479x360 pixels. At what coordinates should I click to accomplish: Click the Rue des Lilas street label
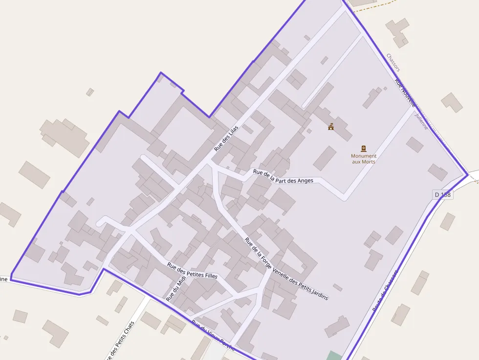(x=227, y=137)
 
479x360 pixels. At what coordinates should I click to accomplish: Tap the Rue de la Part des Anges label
(x=283, y=176)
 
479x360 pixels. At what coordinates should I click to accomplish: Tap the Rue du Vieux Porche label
(x=213, y=336)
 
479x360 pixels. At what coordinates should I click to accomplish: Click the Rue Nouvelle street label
(x=405, y=93)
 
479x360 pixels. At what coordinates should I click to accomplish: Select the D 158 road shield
(x=443, y=195)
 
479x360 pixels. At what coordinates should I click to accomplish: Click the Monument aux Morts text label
(x=364, y=159)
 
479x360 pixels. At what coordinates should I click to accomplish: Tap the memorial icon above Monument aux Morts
(x=364, y=148)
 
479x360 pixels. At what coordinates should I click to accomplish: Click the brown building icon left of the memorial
(x=331, y=127)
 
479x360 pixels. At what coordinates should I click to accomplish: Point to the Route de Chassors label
(x=386, y=289)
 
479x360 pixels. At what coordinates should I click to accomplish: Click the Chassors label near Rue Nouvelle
(x=393, y=63)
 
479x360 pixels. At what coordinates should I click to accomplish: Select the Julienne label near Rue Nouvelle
(x=421, y=121)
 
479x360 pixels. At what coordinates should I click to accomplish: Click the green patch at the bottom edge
(x=334, y=356)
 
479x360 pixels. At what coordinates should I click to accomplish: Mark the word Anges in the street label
(x=305, y=181)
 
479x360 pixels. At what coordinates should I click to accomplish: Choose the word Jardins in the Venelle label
(x=319, y=293)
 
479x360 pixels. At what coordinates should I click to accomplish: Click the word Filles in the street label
(x=208, y=276)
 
